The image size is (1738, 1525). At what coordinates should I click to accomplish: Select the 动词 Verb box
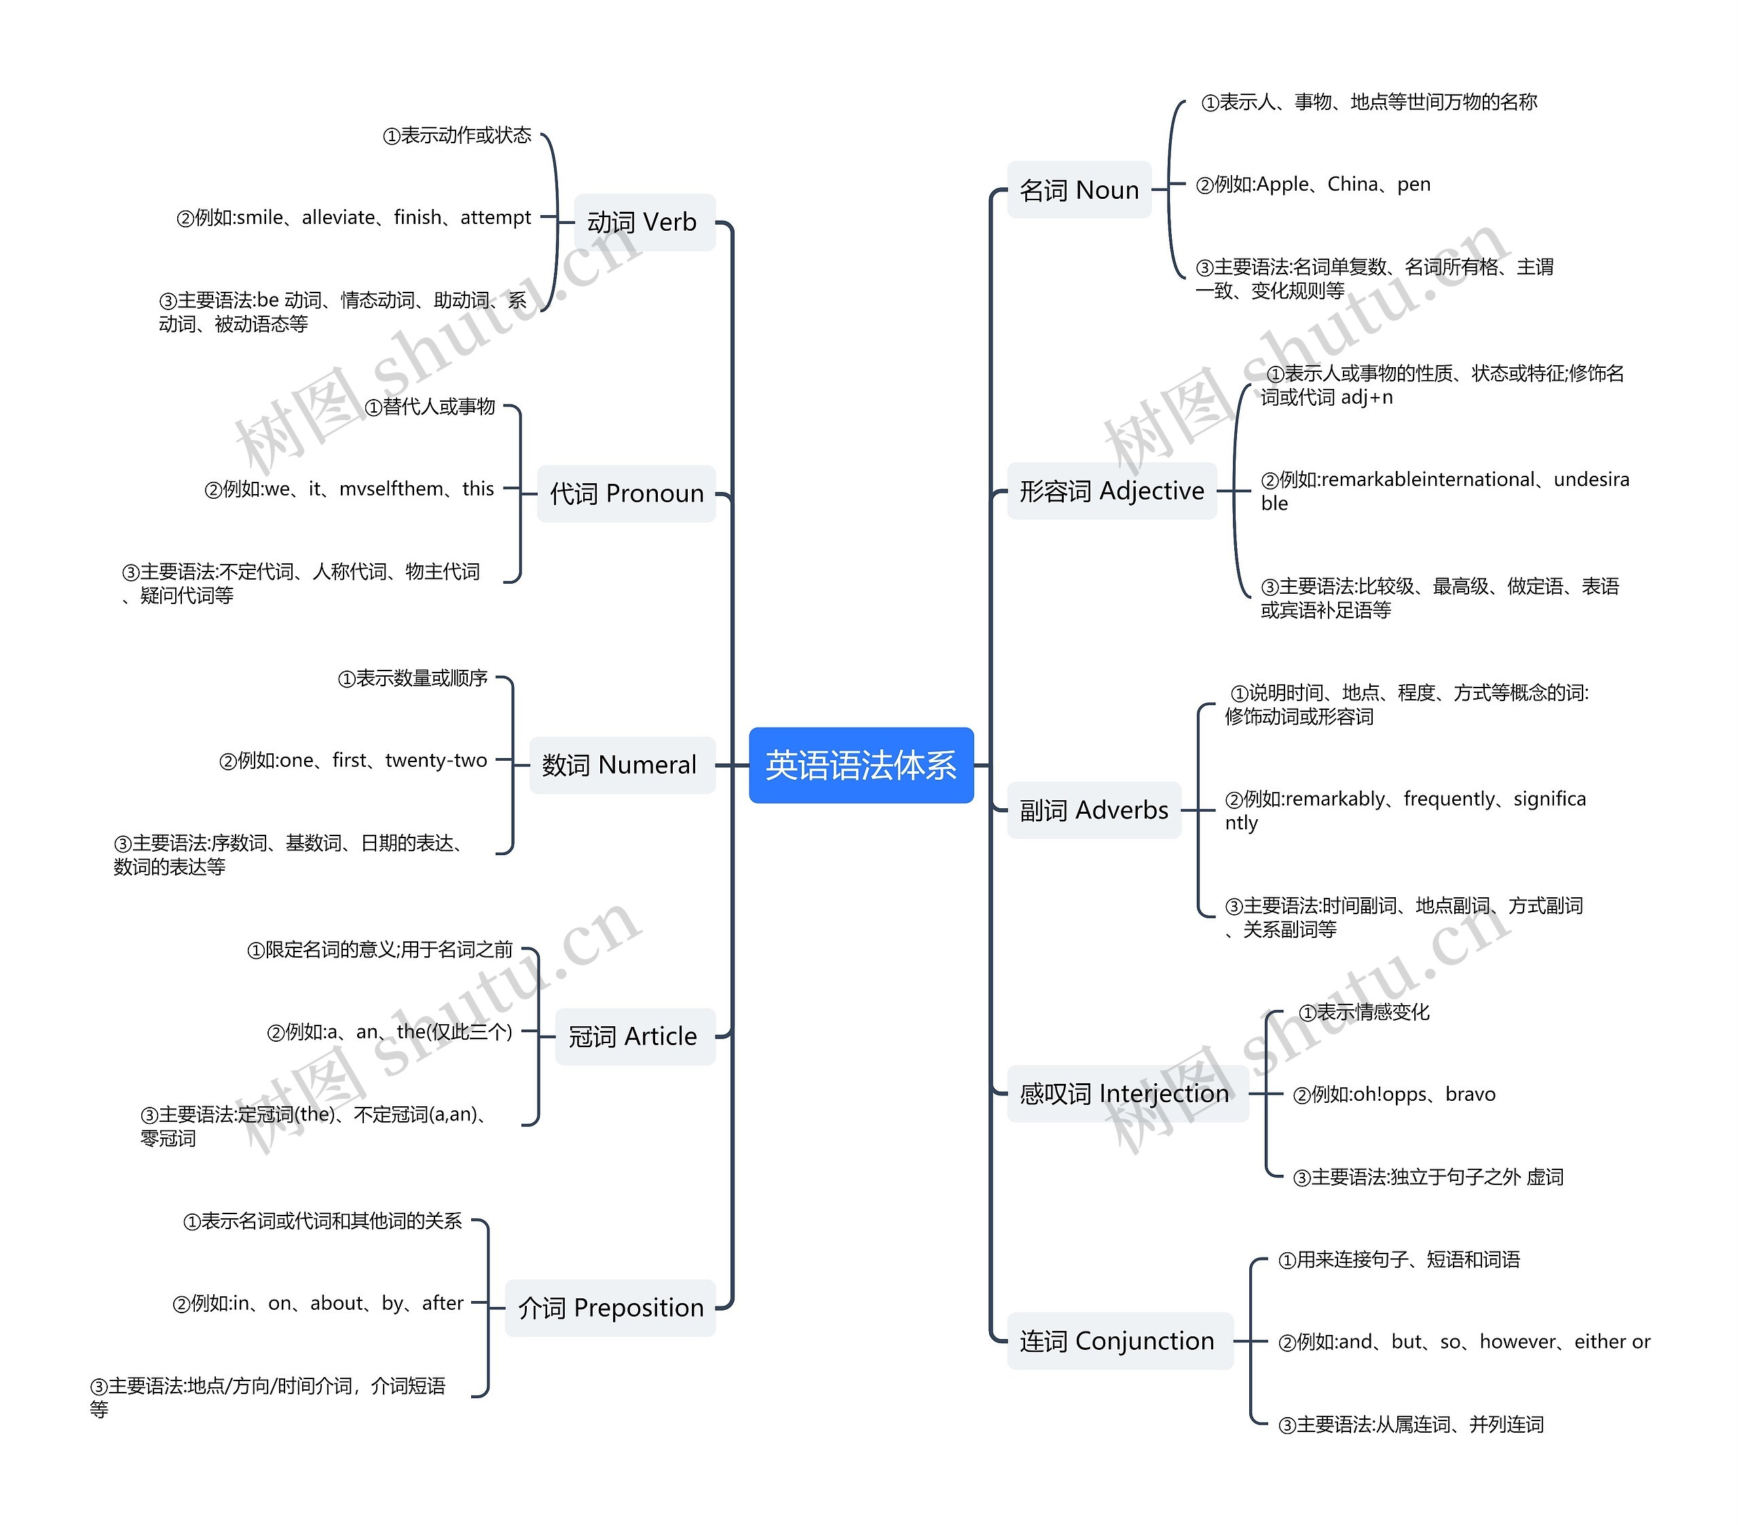tap(644, 223)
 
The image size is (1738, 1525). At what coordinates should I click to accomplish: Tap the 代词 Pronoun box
tap(627, 493)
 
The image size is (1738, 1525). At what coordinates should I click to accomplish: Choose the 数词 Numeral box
tap(623, 765)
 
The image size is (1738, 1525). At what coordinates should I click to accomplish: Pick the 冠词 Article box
tap(635, 1036)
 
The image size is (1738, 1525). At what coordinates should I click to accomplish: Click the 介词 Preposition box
tap(610, 1307)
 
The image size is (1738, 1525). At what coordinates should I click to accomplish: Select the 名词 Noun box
tap(1079, 189)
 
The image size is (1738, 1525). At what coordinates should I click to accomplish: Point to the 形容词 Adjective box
tap(1112, 491)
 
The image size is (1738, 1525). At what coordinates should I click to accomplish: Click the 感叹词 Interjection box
tap(1128, 1093)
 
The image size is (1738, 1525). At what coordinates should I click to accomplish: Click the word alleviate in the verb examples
tap(338, 218)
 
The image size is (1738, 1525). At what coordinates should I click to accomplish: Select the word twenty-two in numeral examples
tap(437, 760)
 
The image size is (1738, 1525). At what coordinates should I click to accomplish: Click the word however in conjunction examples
tap(1519, 1341)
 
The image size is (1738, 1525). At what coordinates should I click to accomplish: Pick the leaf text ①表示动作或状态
tap(458, 135)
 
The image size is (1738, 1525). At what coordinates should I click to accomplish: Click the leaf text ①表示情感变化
tap(1364, 1011)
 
